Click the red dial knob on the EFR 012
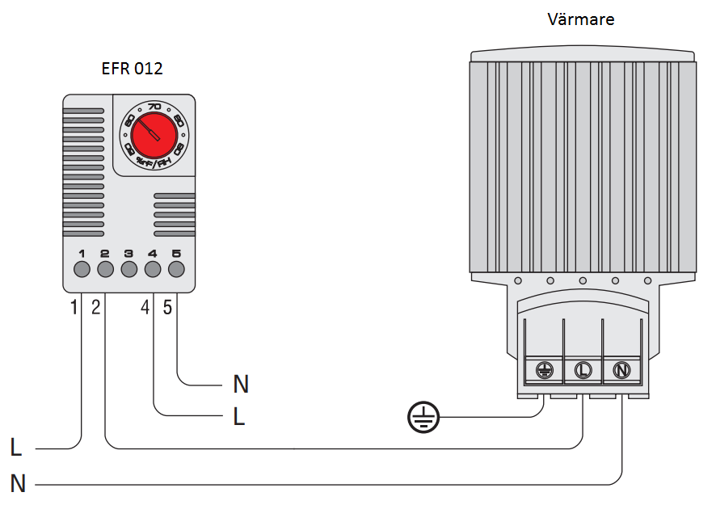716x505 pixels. (x=154, y=133)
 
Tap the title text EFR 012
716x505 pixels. (x=132, y=69)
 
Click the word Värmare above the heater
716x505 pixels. (x=579, y=19)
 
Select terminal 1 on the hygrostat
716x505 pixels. (x=82, y=269)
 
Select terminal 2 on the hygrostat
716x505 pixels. (x=105, y=269)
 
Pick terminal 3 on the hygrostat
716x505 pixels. (x=128, y=269)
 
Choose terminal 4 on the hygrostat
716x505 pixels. (x=153, y=269)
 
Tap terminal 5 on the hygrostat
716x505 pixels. (x=176, y=269)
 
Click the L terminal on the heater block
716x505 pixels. (x=583, y=370)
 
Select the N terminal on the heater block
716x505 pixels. (x=621, y=370)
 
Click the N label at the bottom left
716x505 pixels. (x=18, y=484)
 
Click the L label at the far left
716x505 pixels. (x=17, y=447)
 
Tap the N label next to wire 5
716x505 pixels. (x=241, y=384)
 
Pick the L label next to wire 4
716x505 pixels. (x=239, y=417)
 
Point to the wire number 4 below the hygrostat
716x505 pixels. (x=145, y=307)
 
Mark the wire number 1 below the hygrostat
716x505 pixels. (x=74, y=307)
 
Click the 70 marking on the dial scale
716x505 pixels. (x=154, y=106)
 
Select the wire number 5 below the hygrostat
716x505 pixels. (x=167, y=307)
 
